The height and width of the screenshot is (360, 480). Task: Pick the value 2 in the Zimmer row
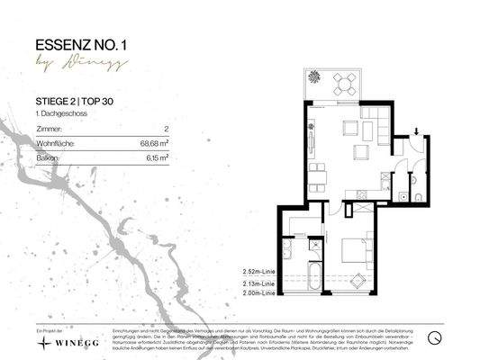pyautogui.click(x=167, y=130)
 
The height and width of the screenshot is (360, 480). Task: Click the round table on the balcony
pyautogui.click(x=341, y=84)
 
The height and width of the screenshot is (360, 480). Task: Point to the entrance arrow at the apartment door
pyautogui.click(x=415, y=130)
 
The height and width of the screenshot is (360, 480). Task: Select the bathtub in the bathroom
pyautogui.click(x=314, y=274)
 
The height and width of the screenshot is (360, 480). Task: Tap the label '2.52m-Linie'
pyautogui.click(x=258, y=269)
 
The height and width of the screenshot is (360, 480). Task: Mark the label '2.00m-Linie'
pyautogui.click(x=258, y=292)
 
